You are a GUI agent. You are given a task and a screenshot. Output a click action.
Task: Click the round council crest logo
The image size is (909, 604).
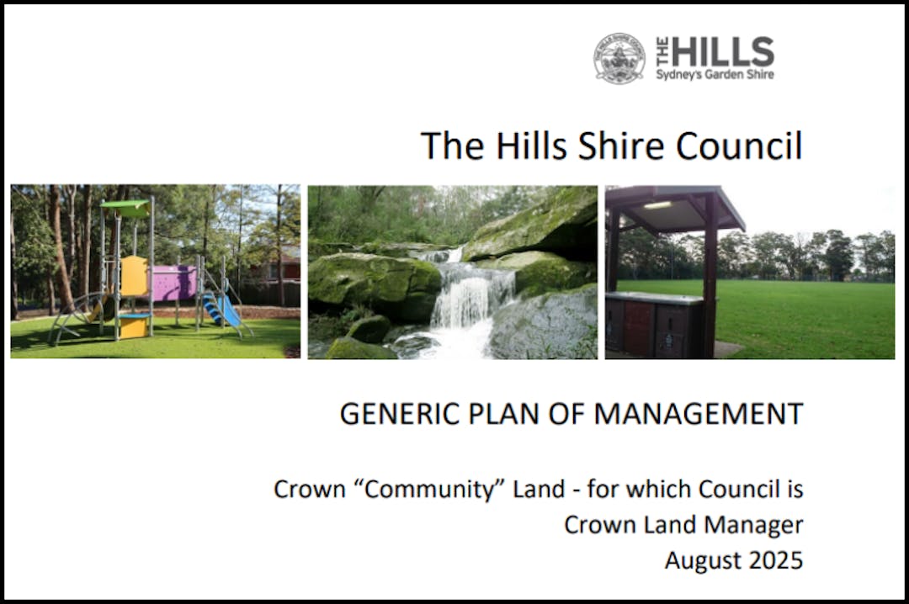click(619, 58)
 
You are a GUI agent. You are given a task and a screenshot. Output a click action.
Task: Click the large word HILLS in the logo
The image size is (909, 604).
click(722, 51)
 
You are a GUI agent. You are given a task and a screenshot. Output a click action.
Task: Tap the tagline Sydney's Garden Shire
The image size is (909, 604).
click(715, 74)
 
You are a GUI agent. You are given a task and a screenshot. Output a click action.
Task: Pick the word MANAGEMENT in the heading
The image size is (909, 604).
click(699, 414)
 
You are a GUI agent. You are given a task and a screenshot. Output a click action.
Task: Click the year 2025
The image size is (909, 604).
click(776, 560)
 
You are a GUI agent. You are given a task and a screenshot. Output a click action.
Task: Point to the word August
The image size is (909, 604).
click(703, 561)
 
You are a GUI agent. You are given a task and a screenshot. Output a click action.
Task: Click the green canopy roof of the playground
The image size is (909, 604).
click(125, 207)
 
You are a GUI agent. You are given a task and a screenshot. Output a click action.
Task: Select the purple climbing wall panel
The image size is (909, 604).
click(173, 283)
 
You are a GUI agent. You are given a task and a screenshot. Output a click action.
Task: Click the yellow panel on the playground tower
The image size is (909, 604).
click(134, 276)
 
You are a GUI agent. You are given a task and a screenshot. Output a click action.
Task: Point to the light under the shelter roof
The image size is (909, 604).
click(656, 205)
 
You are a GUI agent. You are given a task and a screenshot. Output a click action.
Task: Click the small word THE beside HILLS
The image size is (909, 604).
click(662, 51)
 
